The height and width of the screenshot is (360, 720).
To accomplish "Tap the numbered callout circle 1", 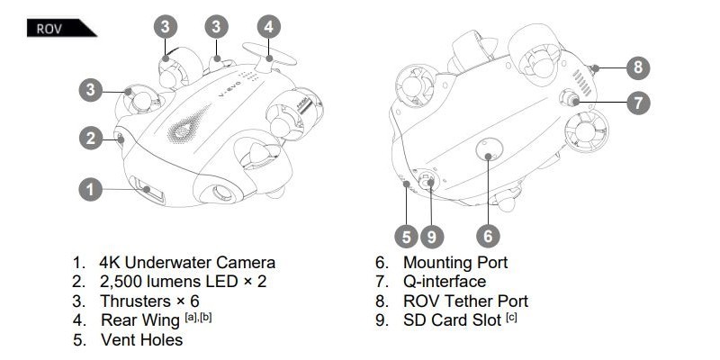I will pyautogui.click(x=89, y=189).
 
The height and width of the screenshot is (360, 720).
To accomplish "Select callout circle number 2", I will pyautogui.click(x=89, y=138).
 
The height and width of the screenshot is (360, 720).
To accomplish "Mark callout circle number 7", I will pyautogui.click(x=637, y=102).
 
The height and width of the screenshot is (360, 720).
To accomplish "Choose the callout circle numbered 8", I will pyautogui.click(x=637, y=67).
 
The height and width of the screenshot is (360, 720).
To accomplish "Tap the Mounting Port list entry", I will pyautogui.click(x=455, y=263).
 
